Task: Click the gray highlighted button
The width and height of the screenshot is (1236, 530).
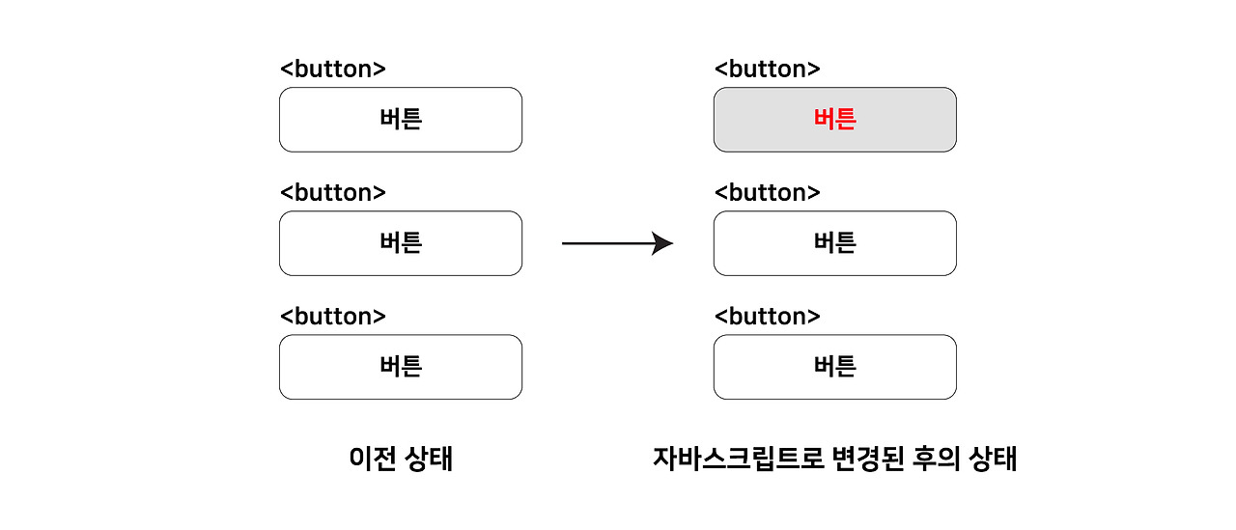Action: coord(835,120)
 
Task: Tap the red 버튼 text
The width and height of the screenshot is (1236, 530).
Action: coord(835,119)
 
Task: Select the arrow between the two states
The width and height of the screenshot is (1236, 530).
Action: coord(617,243)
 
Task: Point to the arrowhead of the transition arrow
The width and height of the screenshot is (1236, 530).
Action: coord(662,243)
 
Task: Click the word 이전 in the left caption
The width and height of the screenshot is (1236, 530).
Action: coord(373,459)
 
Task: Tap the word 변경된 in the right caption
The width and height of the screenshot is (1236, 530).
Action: coord(867,459)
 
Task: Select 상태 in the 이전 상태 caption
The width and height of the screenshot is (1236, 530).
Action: coord(429,459)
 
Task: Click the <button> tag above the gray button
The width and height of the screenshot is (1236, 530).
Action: coord(767,69)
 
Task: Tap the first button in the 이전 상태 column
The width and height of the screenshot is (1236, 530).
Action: coord(401,120)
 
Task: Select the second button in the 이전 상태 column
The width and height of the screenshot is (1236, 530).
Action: coord(401,243)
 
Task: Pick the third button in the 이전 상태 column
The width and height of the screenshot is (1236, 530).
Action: coord(401,367)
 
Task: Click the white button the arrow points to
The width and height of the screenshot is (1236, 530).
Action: coord(835,243)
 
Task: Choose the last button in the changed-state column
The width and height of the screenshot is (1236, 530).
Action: coord(835,367)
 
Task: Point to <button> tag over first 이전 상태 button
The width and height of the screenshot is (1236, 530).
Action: coord(333,69)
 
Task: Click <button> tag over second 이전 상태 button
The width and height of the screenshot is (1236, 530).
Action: coord(333,192)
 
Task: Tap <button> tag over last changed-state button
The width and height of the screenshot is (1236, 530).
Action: coord(767,316)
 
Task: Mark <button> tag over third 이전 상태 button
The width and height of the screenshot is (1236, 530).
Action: coord(333,316)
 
